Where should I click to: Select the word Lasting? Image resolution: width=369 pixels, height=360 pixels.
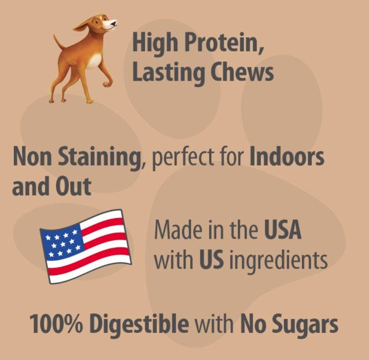169,73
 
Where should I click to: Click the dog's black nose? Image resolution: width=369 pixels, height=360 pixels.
114,24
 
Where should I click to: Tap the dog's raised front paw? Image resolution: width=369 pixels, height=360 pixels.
107,83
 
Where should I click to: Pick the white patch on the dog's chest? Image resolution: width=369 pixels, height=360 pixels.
95,60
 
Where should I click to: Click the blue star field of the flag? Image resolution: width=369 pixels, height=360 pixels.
63,244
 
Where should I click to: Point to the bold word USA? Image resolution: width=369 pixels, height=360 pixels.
282,229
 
